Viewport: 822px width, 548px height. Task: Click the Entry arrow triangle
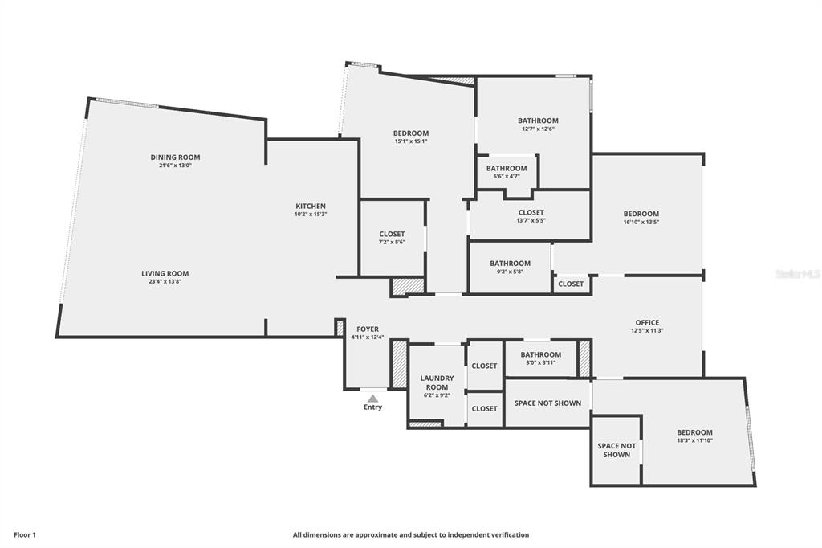tap(372, 398)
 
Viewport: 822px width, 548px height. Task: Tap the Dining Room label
tap(175, 157)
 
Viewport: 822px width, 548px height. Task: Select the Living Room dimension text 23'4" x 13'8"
tap(165, 282)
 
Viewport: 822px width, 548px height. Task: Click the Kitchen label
tap(311, 207)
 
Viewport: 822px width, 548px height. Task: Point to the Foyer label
tap(368, 329)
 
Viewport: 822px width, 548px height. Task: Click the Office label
tap(647, 322)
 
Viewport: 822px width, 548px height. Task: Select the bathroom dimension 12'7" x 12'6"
tap(538, 129)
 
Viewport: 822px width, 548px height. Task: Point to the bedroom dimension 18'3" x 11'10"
tap(694, 440)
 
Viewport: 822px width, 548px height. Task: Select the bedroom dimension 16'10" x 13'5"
tap(641, 222)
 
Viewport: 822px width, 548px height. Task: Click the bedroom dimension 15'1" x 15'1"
tap(410, 141)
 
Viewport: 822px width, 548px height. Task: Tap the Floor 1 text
tap(24, 534)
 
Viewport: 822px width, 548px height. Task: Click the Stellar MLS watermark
tap(798, 274)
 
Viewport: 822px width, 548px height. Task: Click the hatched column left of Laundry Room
tap(399, 366)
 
